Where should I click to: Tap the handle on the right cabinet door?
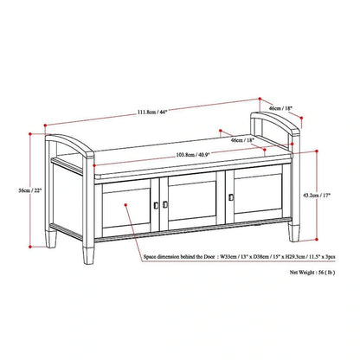pos(231,200)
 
